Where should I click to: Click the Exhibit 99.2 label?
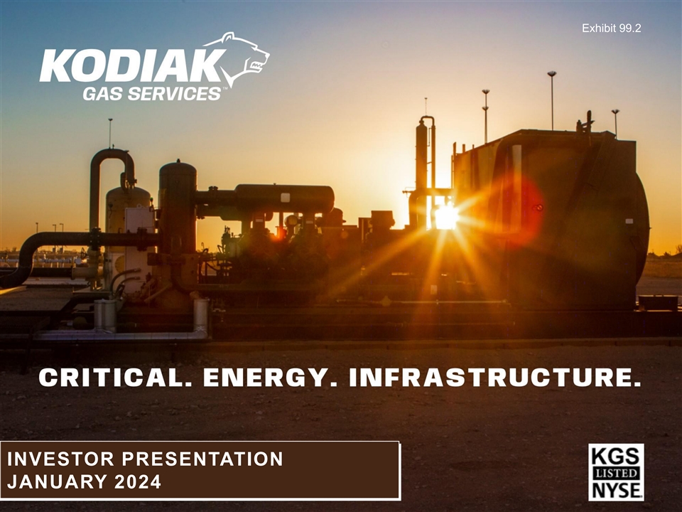coord(611,28)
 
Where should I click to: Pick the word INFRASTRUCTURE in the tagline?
coord(495,377)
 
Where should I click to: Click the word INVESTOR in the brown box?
coord(60,459)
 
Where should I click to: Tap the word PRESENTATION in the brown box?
coord(202,459)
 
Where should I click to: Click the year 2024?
coord(138,481)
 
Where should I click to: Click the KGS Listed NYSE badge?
coord(616,472)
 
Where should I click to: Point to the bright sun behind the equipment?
coord(446,217)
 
